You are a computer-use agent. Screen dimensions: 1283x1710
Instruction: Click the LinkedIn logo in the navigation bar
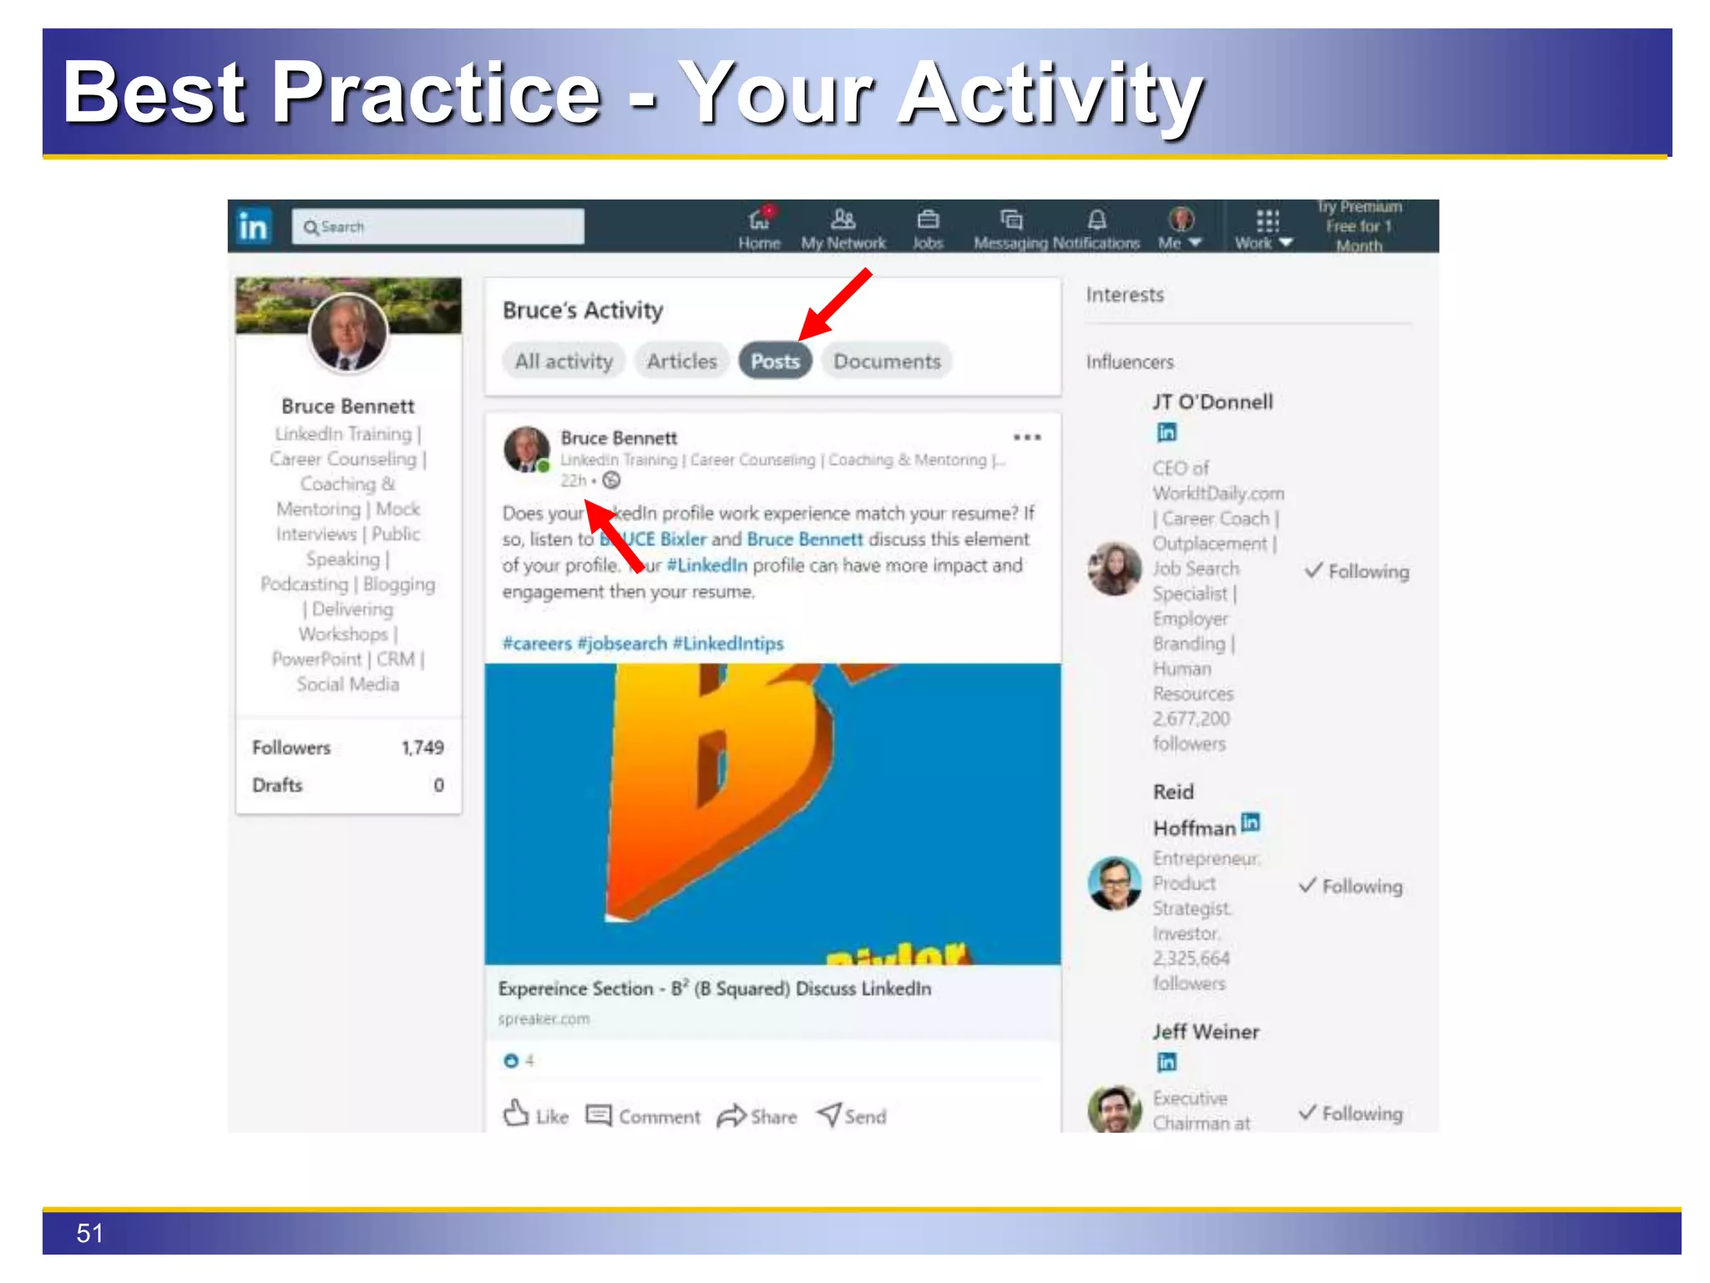[x=253, y=226]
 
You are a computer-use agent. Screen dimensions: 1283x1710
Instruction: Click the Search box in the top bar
[x=438, y=226]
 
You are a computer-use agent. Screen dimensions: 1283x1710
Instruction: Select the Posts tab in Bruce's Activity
[x=775, y=362]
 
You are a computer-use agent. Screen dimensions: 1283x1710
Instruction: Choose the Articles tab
[x=681, y=362]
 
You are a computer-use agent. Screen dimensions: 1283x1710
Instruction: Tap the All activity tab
[x=564, y=362]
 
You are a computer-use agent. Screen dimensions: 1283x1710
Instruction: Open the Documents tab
[x=887, y=362]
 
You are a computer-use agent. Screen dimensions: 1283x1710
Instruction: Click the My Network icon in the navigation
[x=843, y=220]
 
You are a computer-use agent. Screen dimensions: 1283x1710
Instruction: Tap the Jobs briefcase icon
[x=928, y=220]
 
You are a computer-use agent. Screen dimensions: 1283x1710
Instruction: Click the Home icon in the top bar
[x=759, y=220]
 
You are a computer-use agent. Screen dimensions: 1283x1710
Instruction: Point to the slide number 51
[x=90, y=1233]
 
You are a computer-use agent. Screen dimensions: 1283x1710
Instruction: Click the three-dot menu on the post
[x=1027, y=437]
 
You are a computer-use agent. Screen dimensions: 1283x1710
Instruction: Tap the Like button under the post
[x=536, y=1115]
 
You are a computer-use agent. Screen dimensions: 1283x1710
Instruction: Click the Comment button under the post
[x=643, y=1116]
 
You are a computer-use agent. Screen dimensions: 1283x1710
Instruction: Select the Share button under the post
[x=756, y=1116]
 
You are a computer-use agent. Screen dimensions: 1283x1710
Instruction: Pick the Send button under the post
[x=852, y=1115]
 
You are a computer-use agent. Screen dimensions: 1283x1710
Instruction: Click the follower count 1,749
[x=422, y=748]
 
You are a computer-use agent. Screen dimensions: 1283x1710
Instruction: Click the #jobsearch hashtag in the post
[x=622, y=643]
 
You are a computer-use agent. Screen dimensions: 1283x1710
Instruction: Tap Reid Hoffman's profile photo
[x=1114, y=883]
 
